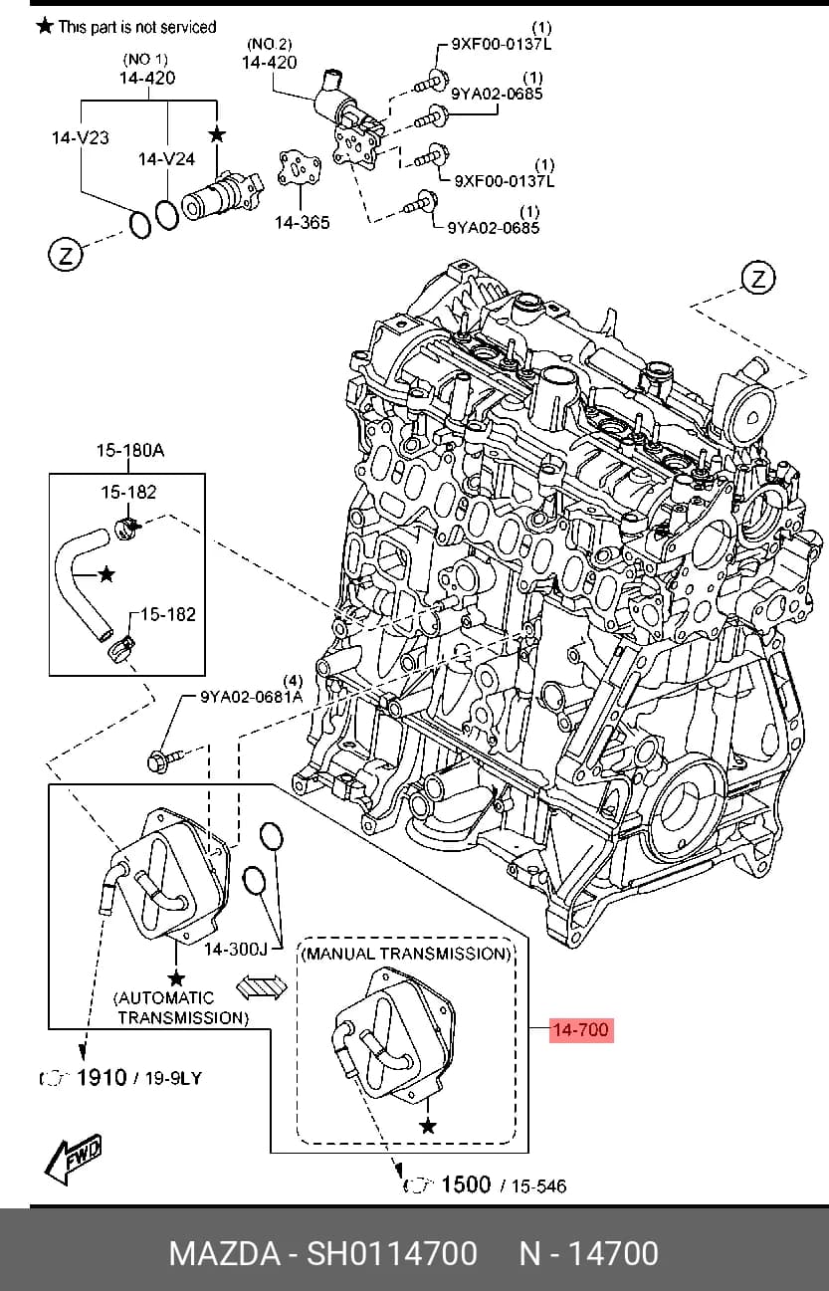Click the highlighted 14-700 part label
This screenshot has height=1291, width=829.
tap(581, 1029)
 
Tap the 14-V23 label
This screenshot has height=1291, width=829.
tap(80, 137)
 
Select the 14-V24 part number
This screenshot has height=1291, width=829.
tap(166, 158)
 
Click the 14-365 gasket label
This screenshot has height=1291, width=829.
tap(302, 222)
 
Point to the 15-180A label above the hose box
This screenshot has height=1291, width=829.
tap(129, 450)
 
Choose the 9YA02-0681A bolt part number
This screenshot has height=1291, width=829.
tap(251, 697)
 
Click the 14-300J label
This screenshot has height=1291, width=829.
tap(236, 950)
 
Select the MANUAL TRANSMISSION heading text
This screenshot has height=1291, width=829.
tap(406, 954)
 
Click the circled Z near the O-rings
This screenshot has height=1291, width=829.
tap(66, 254)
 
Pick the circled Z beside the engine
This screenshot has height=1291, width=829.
tap(758, 279)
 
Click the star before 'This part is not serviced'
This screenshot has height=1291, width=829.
tap(45, 26)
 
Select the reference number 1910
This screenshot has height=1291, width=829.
tap(102, 1077)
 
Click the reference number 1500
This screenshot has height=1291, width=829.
tap(466, 1184)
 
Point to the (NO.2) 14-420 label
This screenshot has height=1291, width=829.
tap(269, 54)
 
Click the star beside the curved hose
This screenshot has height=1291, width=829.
tap(106, 574)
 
